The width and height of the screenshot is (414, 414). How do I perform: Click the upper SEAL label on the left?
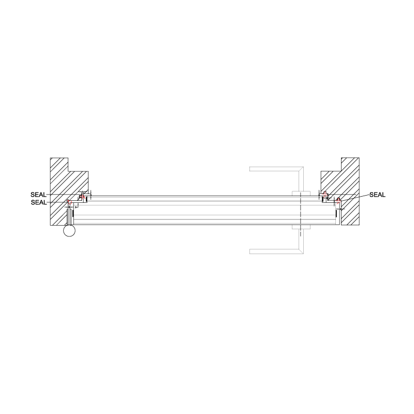click(39, 195)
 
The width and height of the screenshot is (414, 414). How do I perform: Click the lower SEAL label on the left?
click(39, 202)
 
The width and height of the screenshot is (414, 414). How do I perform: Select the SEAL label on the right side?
click(377, 195)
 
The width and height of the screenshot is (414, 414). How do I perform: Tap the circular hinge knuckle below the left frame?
click(69, 231)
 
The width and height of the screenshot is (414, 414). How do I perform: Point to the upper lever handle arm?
click(274, 169)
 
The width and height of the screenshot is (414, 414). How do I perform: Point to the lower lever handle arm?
click(274, 252)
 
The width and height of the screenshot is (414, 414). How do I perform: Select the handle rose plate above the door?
click(300, 193)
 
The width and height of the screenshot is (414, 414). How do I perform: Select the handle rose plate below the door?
click(300, 227)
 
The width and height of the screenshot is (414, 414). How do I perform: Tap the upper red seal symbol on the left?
click(82, 197)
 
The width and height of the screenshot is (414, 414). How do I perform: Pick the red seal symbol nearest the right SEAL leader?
click(338, 200)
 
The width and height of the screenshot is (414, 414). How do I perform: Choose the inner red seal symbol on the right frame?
click(324, 195)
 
